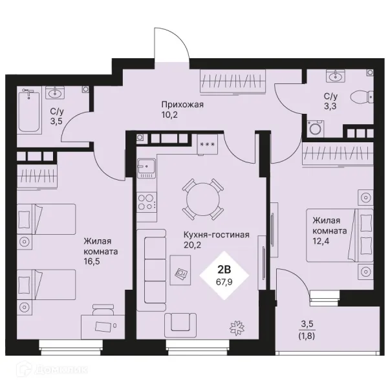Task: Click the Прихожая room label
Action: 182,104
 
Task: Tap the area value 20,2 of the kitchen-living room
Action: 192,244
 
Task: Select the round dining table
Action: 203,199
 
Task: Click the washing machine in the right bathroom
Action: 315,128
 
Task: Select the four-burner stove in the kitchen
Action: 147,202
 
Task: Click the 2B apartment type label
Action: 224,270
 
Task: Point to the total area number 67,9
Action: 224,282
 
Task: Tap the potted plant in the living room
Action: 237,328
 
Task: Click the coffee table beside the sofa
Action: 180,270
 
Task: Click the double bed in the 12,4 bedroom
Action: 339,235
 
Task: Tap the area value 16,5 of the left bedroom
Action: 92,261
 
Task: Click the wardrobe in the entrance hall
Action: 233,81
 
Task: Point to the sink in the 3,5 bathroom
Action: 55,93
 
